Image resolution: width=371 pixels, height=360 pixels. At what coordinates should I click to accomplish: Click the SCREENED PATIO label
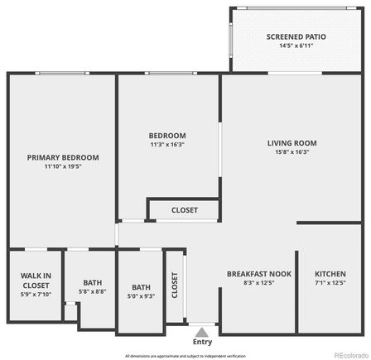296,36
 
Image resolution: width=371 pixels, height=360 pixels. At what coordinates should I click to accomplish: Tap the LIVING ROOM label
291,142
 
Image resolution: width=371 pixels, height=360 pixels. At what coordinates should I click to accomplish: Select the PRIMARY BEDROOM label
63,157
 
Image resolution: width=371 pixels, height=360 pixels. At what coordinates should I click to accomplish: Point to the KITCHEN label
330,274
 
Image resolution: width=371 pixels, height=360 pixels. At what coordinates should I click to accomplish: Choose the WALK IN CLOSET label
35,280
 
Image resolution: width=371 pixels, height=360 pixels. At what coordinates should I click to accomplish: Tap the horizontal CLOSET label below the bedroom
185,210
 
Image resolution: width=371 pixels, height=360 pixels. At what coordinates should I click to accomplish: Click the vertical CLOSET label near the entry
175,285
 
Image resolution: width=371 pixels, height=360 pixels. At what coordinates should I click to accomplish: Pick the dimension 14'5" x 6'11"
296,46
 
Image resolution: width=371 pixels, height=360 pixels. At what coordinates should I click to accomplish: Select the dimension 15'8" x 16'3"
291,152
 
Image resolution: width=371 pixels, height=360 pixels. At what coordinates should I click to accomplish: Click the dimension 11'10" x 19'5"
63,166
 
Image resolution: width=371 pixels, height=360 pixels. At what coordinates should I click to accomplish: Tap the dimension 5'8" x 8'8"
92,291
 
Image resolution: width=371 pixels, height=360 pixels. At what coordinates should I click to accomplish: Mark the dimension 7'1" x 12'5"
330,283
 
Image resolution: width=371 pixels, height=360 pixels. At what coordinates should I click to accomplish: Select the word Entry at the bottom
202,341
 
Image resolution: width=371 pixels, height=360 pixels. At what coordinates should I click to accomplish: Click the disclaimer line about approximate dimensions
185,355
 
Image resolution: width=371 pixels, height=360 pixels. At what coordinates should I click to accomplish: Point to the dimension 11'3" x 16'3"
167,145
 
